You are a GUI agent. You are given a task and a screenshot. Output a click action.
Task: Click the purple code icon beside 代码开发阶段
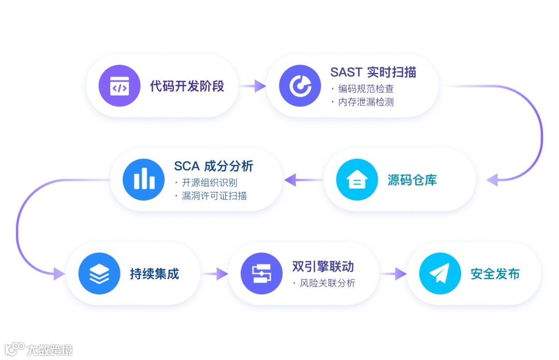[120, 86]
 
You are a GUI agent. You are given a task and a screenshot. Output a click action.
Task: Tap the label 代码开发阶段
[187, 86]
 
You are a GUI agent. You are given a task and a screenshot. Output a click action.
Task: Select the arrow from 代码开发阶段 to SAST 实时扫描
[253, 86]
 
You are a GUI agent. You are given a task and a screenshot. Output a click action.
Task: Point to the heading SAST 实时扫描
[373, 72]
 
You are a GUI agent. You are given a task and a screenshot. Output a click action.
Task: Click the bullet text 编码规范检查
[365, 88]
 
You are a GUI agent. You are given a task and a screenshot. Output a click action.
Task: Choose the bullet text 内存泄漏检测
[365, 102]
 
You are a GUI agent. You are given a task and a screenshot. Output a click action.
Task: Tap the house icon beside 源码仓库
[357, 180]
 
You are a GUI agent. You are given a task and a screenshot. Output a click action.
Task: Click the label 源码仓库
[412, 180]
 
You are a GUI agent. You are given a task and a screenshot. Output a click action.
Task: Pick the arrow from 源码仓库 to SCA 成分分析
[303, 180]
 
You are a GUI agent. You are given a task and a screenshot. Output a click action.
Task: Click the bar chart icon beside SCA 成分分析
[143, 180]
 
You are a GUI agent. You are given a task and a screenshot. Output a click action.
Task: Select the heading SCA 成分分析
[213, 167]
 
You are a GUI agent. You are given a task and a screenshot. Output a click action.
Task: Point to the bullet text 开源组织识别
[209, 183]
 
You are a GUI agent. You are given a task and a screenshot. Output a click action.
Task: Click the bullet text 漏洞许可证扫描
[213, 196]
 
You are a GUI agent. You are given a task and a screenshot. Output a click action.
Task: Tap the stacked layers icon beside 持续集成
[99, 274]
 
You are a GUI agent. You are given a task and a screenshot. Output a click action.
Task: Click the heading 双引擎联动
[323, 267]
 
